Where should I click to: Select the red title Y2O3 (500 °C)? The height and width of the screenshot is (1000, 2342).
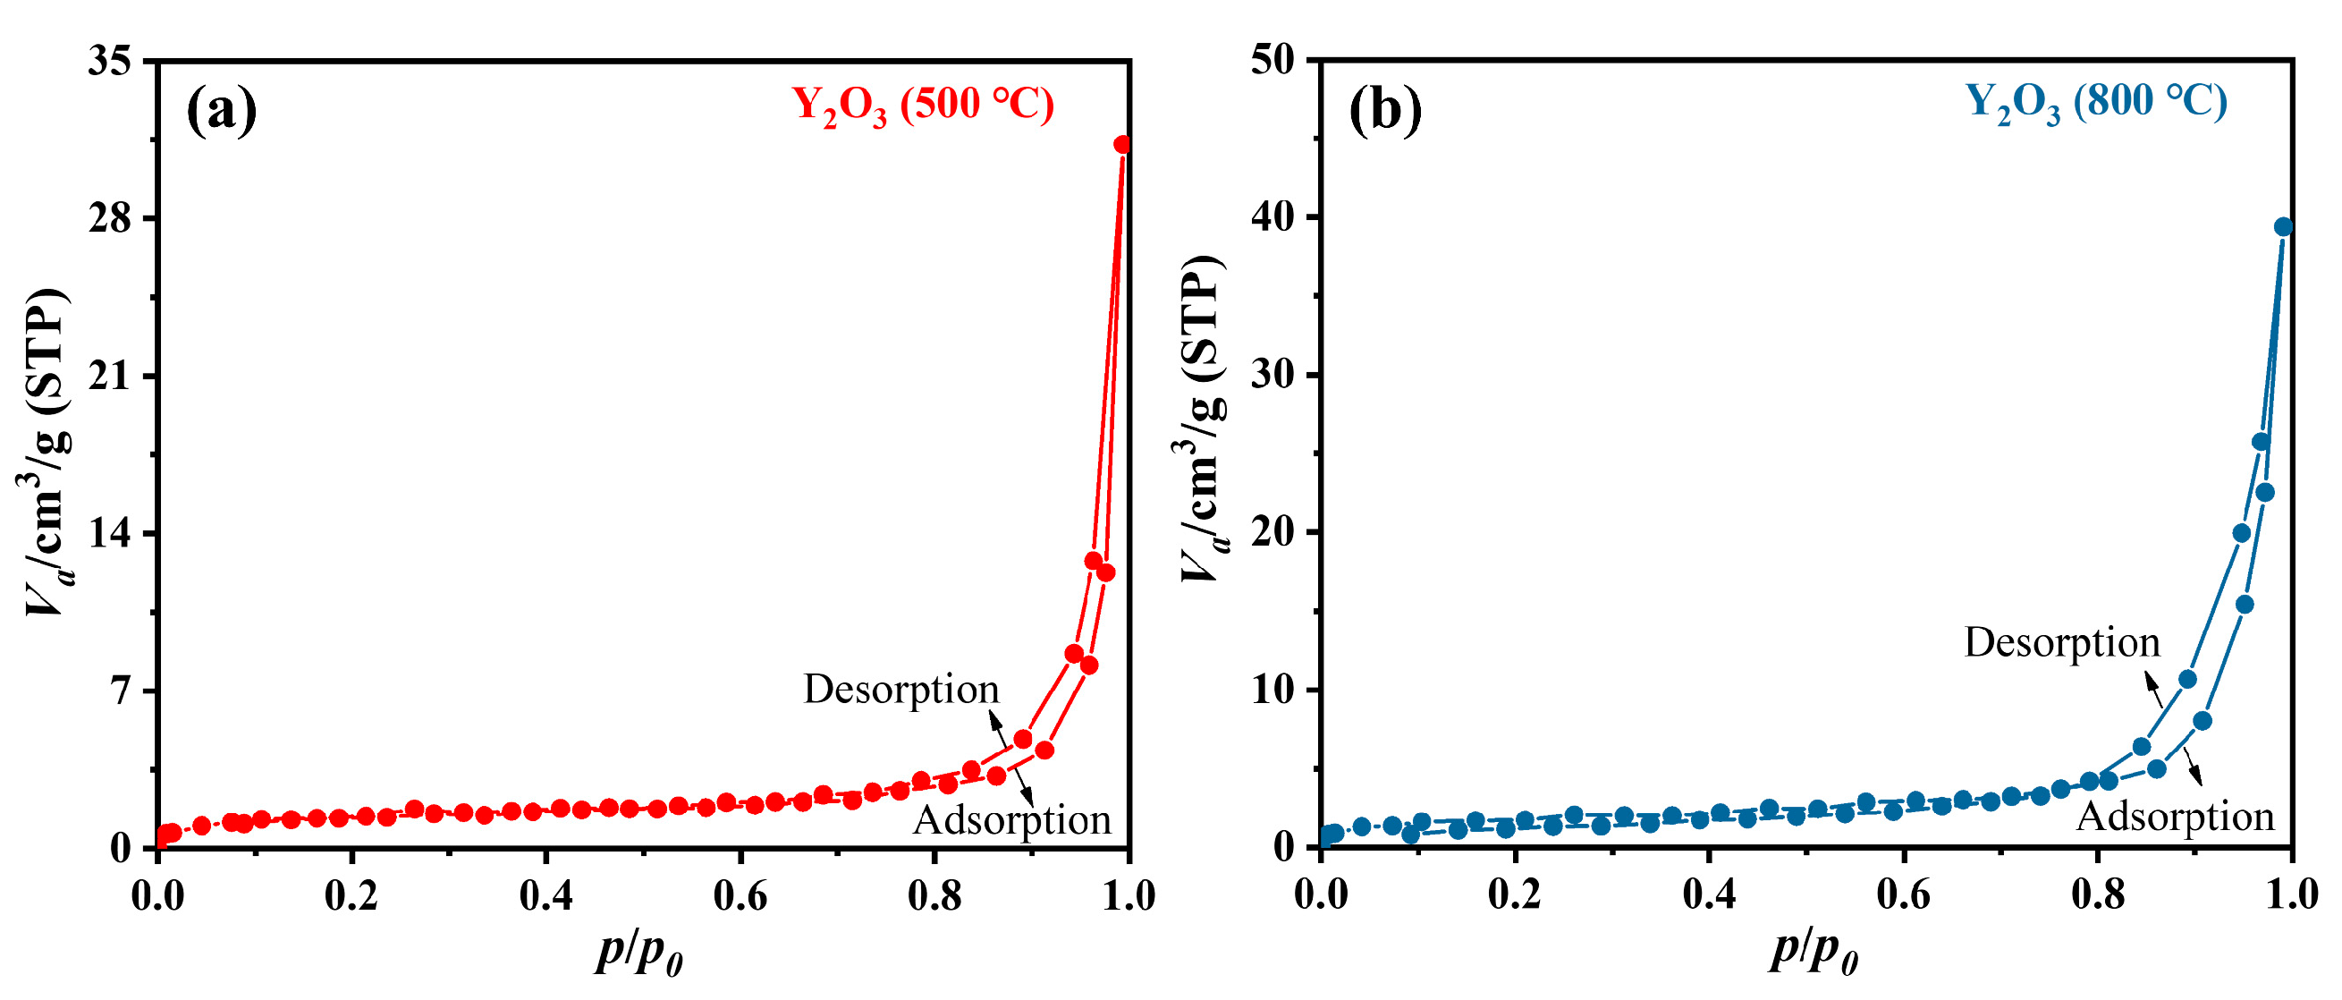(922, 106)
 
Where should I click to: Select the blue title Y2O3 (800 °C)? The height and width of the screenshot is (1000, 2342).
(2095, 103)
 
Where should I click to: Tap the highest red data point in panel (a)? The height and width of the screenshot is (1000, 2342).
(1122, 145)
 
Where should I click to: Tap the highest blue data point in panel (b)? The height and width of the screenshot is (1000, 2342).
(2282, 226)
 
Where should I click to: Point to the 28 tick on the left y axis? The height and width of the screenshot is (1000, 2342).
(109, 218)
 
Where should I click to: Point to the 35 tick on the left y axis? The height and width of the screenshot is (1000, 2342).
(109, 61)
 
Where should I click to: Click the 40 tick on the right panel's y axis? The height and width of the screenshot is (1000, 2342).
(1272, 217)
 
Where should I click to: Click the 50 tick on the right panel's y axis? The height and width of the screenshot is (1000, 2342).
(1272, 61)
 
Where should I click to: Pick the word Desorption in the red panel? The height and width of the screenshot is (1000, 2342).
(900, 689)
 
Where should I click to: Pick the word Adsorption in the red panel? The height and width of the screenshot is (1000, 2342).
(1011, 820)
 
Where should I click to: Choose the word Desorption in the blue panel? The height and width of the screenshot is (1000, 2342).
(2061, 643)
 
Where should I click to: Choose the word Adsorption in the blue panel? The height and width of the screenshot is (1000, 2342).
(2175, 817)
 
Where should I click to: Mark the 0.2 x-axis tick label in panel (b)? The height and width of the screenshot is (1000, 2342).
(1514, 894)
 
